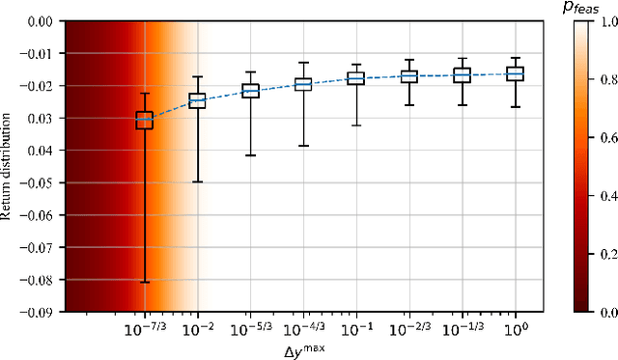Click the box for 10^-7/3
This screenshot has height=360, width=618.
coord(144,121)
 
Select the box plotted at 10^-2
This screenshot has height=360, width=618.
coord(197,100)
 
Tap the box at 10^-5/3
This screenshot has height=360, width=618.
coord(250,90)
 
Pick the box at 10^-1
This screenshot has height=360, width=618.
coord(355,78)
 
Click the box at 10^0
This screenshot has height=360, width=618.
coord(515,73)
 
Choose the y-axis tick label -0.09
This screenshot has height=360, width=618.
coord(38,312)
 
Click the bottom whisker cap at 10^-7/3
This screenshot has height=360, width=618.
coord(144,283)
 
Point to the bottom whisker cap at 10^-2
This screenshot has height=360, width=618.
coord(197,181)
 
